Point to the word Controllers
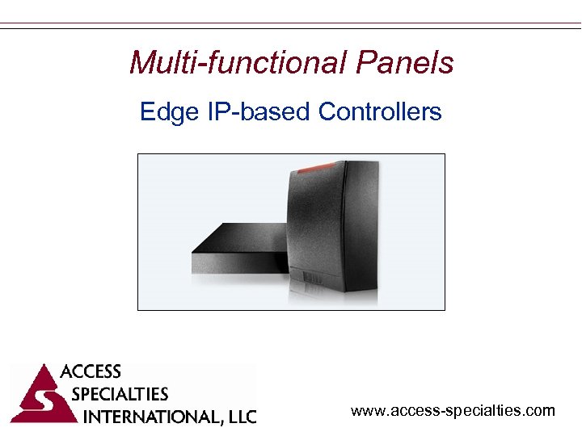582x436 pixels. click(x=380, y=111)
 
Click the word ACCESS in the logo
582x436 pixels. click(x=91, y=372)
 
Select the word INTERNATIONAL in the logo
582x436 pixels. click(x=150, y=417)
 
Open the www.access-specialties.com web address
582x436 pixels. click(x=453, y=411)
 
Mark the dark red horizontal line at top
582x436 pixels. click(x=291, y=24)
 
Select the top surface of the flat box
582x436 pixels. click(x=242, y=238)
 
